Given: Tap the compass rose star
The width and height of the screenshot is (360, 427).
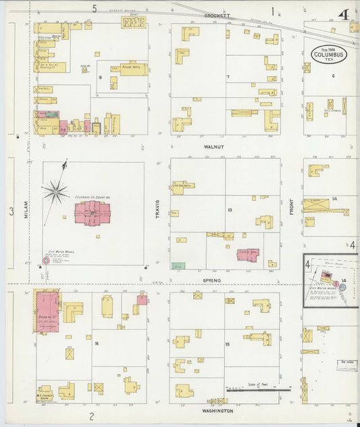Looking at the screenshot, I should (55, 191).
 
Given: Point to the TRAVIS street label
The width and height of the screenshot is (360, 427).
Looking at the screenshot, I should (156, 209).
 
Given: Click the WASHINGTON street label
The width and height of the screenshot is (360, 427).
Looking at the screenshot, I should (217, 411).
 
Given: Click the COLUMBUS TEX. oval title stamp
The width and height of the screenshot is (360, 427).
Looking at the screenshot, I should (328, 54).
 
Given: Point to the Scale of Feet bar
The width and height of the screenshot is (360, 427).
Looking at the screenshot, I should (257, 389).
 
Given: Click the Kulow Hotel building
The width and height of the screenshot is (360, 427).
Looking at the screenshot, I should (133, 69).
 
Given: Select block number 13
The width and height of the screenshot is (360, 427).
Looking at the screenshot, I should (230, 210).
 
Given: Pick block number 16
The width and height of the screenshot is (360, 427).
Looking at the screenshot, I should (97, 344).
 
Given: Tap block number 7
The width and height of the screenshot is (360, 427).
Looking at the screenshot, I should (228, 77).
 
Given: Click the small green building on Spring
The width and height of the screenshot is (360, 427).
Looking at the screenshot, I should (178, 266).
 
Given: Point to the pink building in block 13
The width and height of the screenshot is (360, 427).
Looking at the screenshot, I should (248, 255).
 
